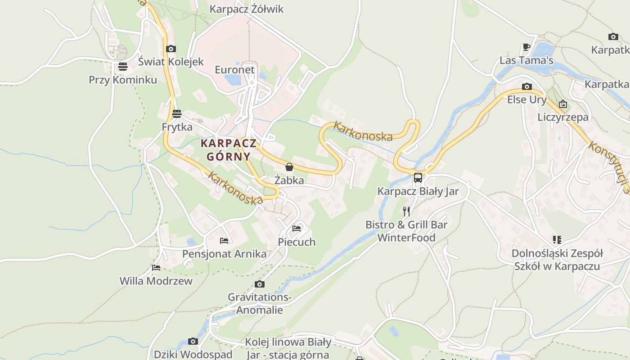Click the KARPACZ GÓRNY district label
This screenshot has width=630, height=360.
[x=229, y=150]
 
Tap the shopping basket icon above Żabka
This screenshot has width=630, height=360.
[x=289, y=167]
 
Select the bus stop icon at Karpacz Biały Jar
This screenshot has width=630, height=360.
[x=418, y=177]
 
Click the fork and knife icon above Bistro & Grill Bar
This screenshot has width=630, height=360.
[x=406, y=211]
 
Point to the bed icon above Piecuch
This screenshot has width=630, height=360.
[x=297, y=229]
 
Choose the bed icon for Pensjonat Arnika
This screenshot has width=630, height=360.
[x=224, y=241]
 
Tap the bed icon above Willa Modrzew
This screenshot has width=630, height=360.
[x=156, y=268]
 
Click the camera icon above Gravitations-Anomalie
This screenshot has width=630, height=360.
[x=259, y=284]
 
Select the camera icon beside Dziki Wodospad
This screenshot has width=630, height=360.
[x=193, y=341]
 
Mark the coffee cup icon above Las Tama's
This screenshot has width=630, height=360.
[x=526, y=47]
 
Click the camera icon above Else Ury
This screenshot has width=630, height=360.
[x=526, y=86]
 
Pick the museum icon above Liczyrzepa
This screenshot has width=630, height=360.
[x=563, y=104]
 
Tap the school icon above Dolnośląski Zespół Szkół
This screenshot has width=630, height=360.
[x=557, y=240]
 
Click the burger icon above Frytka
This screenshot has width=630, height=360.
[x=177, y=113]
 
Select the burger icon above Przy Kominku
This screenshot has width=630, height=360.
[x=123, y=67]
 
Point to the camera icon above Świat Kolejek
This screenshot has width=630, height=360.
[x=171, y=49]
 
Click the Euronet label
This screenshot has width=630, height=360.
[x=234, y=70]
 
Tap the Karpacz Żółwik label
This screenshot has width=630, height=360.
[x=247, y=9]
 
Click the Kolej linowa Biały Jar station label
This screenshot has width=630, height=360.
[x=288, y=348]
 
